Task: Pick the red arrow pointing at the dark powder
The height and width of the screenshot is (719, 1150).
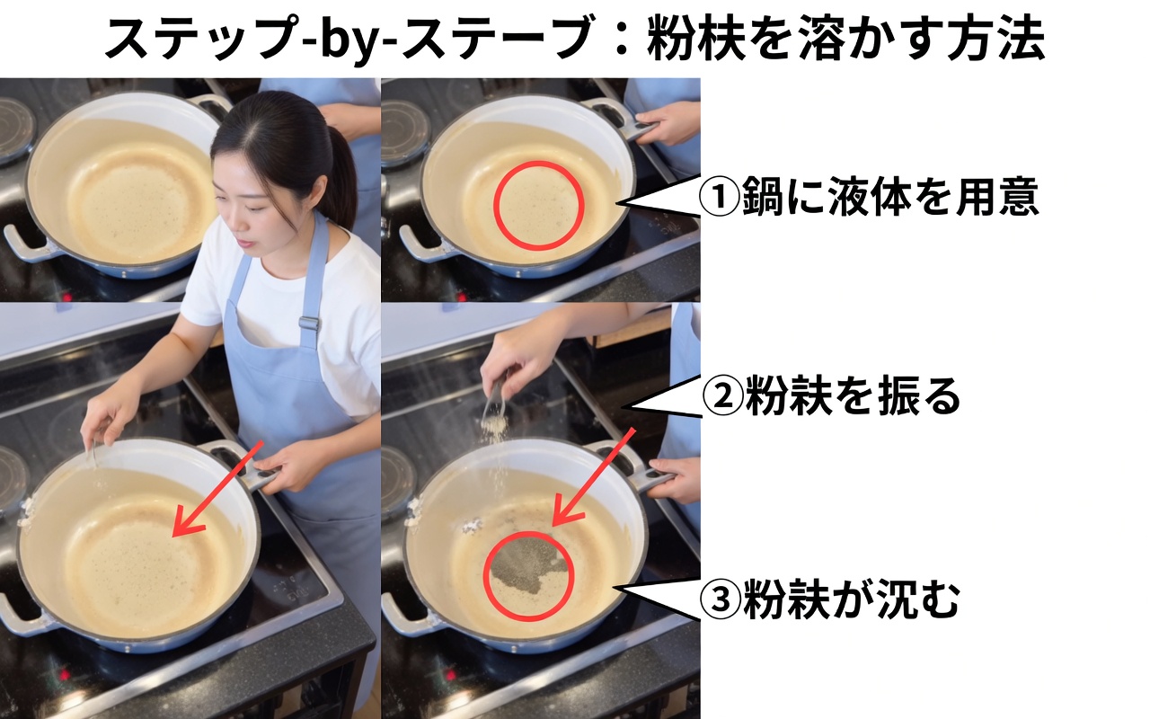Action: (x=592, y=476)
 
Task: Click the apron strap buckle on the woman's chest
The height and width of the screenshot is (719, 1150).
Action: (x=309, y=323)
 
